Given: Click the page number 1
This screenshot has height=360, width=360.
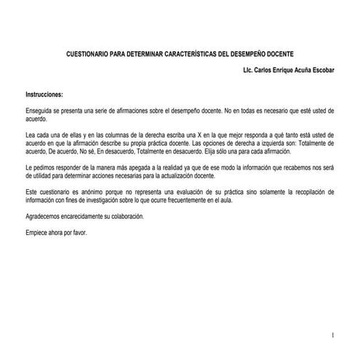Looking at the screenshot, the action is click(331, 335).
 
